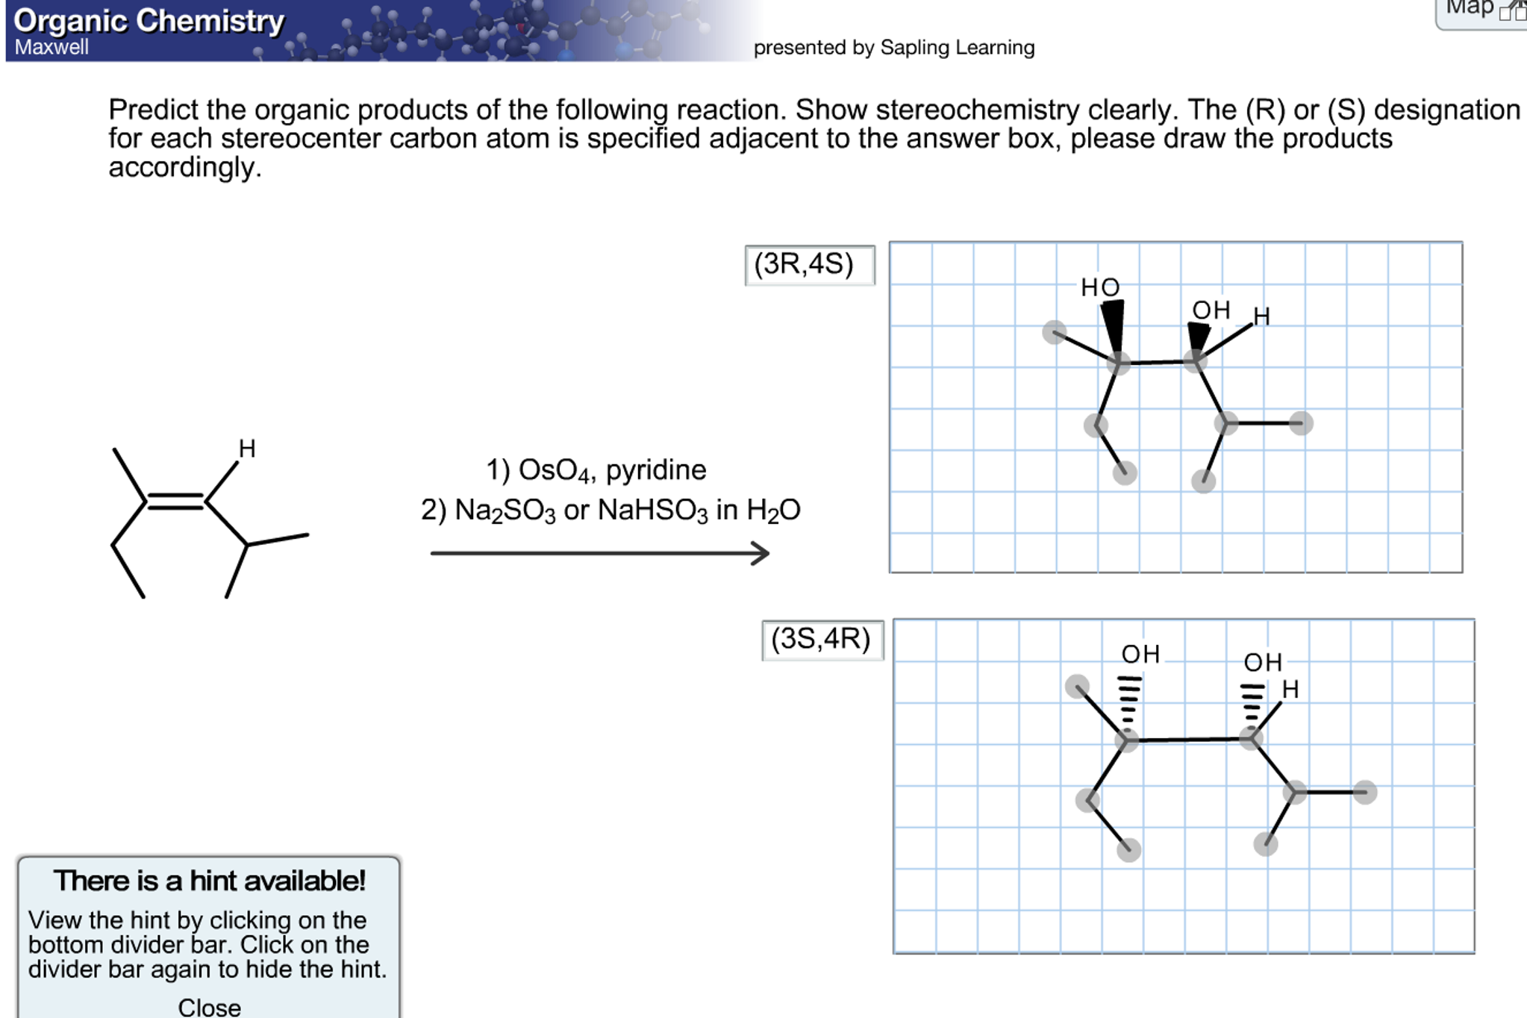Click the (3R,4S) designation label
pos(804,264)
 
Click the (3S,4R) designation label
pos(821,639)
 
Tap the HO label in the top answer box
pos(1100,287)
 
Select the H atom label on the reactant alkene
pos(247,448)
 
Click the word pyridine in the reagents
pos(655,470)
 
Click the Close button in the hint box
pos(209,1007)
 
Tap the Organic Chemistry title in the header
pos(149,21)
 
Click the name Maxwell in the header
pos(51,47)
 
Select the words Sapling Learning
pos(958,48)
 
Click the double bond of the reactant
pos(175,502)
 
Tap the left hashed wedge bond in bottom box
pos(1128,705)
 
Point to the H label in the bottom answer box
pos(1290,689)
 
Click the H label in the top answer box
pos(1261,316)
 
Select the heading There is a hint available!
pos(210,881)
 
